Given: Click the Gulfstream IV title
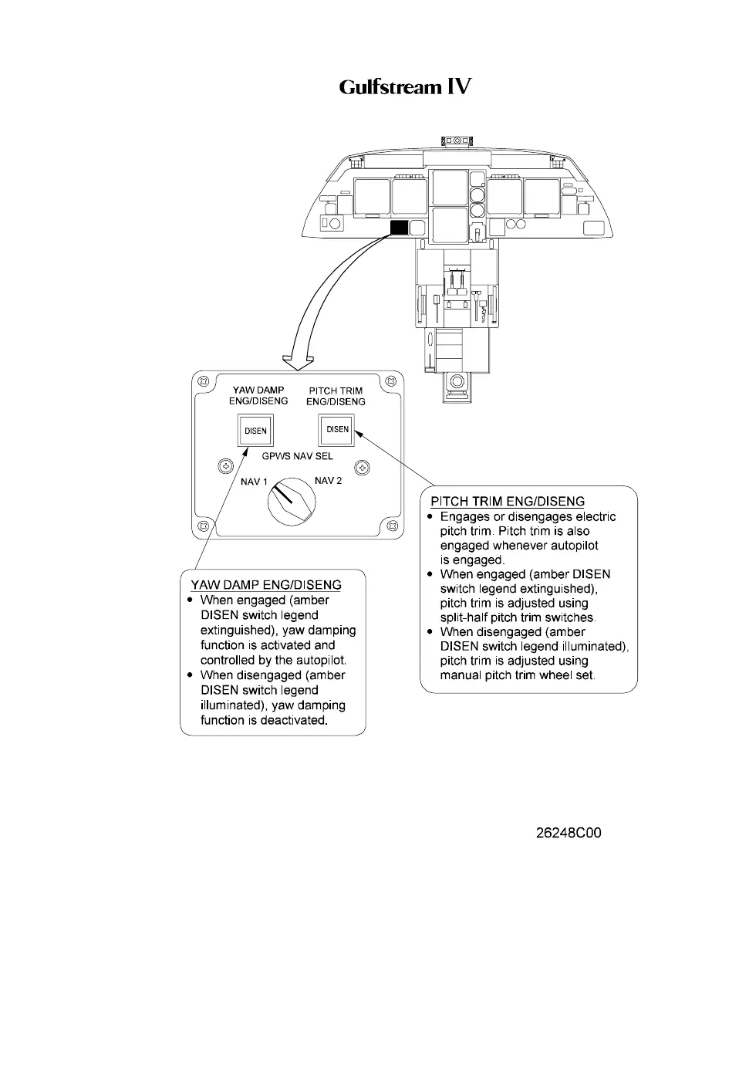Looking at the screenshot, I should tap(405, 86).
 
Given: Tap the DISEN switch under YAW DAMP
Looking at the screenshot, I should tap(255, 431).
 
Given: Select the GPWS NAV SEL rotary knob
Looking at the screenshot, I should tap(291, 501).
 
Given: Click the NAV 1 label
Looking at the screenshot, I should tap(254, 482).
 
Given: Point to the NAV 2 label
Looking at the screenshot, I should tap(328, 481).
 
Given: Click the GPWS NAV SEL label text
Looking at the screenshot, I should tap(297, 456).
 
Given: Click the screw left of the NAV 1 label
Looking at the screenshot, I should tap(225, 466).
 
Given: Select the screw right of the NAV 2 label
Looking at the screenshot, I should tap(361, 468).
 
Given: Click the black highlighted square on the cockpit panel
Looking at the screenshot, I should tap(399, 227).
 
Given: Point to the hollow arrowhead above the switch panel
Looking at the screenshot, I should tap(299, 360).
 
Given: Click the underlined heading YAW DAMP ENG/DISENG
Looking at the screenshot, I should tap(266, 584).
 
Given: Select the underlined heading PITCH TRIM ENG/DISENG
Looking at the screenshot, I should tap(508, 502).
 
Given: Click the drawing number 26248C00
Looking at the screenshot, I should tap(569, 833).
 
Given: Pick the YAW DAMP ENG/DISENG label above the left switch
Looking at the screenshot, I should tap(258, 396).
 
